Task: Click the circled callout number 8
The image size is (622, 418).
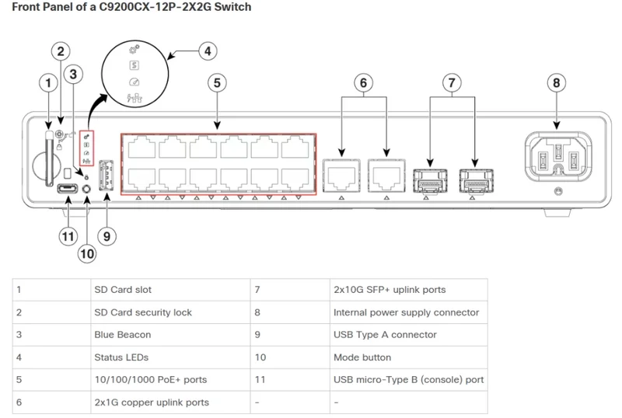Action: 556,82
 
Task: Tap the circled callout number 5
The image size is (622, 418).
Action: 217,82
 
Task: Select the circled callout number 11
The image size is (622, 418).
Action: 68,236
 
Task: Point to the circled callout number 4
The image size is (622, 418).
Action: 208,51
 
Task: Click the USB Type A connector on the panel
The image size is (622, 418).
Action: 106,176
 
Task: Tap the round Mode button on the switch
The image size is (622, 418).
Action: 86,189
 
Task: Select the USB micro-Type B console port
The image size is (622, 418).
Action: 68,188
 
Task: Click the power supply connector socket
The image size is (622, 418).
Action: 558,157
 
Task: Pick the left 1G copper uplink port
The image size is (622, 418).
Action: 341,176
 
